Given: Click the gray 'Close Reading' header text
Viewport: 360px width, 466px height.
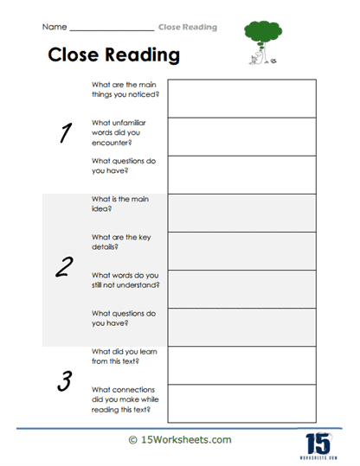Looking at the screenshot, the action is pos(188,28).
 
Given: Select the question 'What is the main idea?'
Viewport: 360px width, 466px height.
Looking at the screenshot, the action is pos(119,204).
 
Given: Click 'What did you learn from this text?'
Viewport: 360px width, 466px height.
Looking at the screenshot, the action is pos(122,356).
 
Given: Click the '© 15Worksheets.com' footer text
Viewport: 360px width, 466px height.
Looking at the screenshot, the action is pos(180,440).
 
